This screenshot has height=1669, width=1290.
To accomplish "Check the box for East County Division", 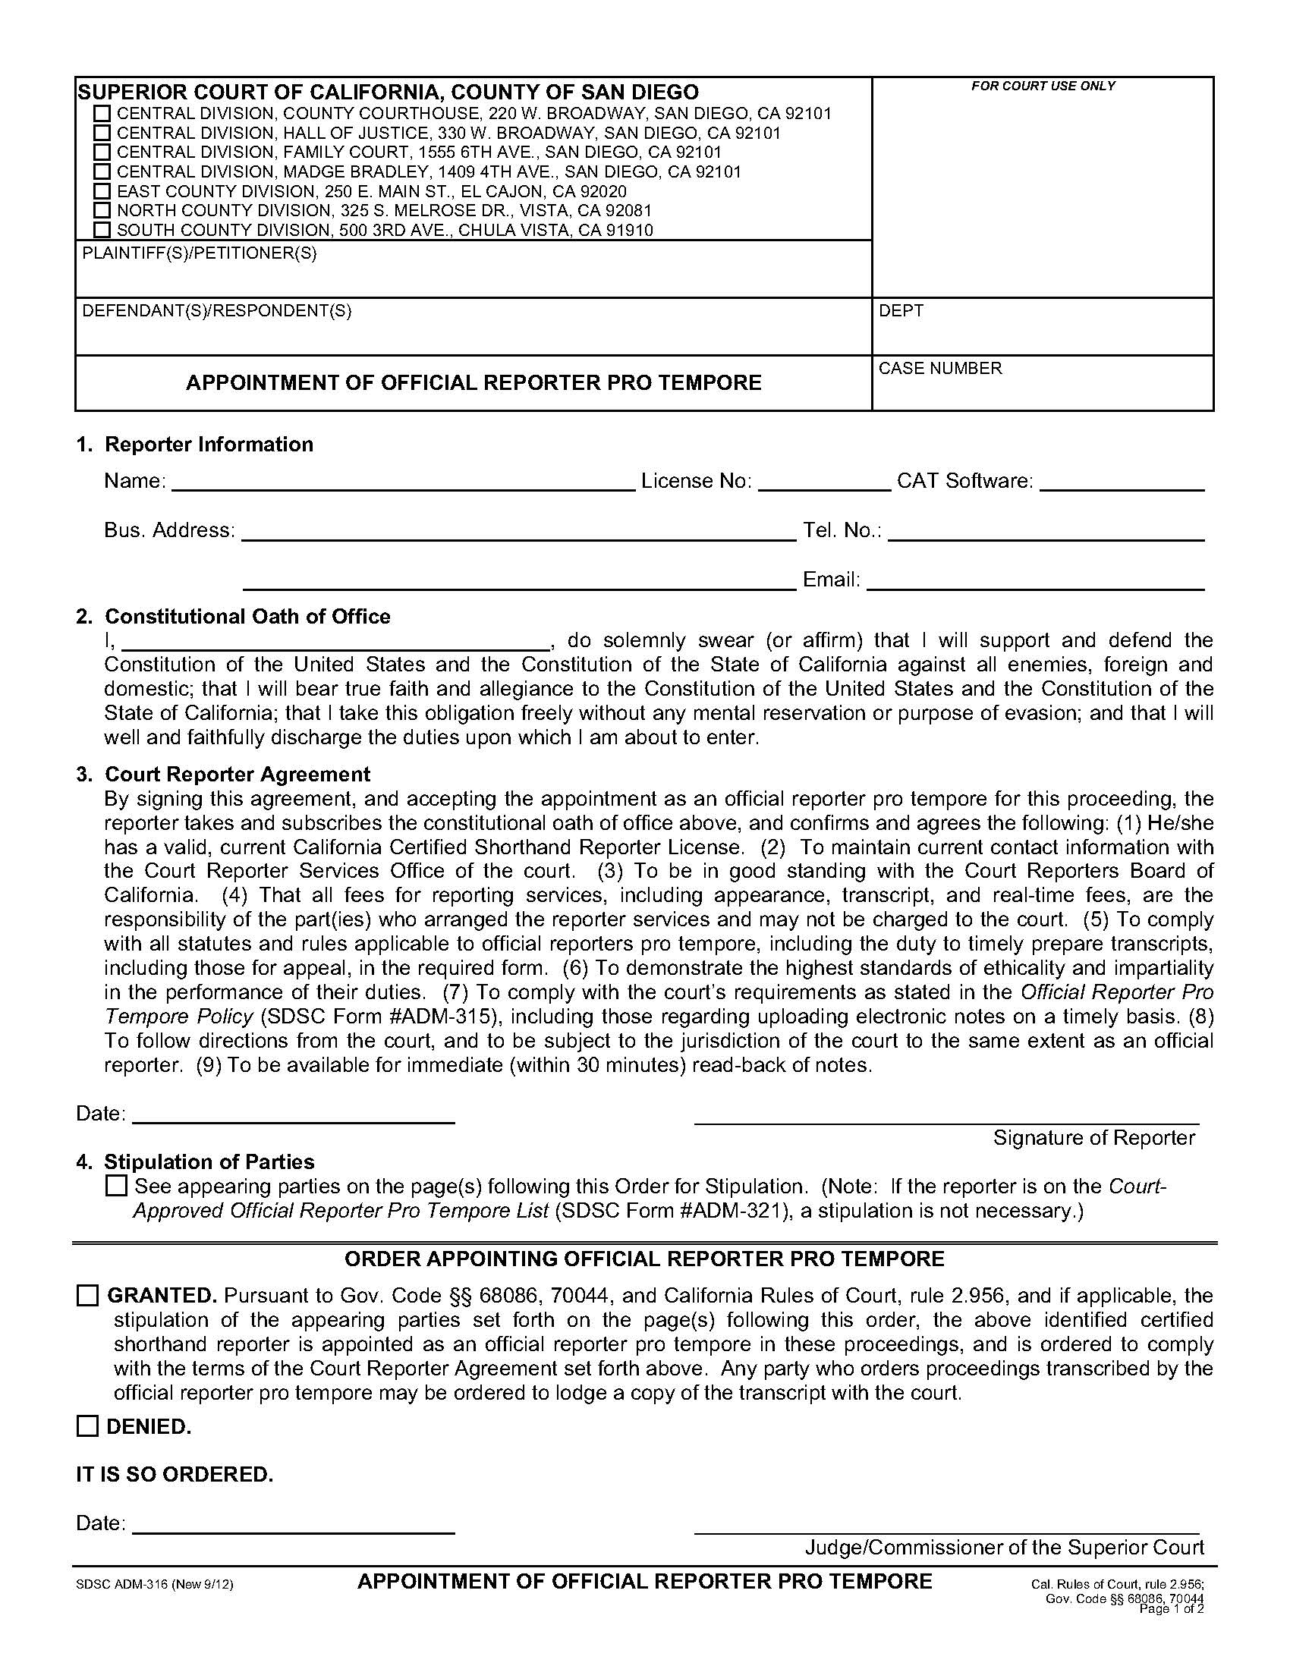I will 102,191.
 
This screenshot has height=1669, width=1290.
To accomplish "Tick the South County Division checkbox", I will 102,230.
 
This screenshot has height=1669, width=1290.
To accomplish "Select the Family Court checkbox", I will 102,152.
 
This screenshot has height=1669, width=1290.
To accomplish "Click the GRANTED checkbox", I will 88,1296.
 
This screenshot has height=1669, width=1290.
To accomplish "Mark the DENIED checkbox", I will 88,1427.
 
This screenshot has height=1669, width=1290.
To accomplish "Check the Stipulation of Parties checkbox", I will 116,1186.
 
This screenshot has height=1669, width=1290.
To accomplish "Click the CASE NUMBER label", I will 940,369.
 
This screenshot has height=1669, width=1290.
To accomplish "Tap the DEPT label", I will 901,311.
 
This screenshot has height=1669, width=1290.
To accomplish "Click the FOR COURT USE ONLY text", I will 1043,86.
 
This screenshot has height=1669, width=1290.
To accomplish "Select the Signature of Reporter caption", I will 1093,1138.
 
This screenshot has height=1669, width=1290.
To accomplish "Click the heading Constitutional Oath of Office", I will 247,617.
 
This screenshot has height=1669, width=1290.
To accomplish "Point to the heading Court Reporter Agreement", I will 237,774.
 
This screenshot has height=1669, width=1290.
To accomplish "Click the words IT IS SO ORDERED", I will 175,1474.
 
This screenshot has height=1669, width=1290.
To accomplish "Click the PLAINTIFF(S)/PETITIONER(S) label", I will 199,253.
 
